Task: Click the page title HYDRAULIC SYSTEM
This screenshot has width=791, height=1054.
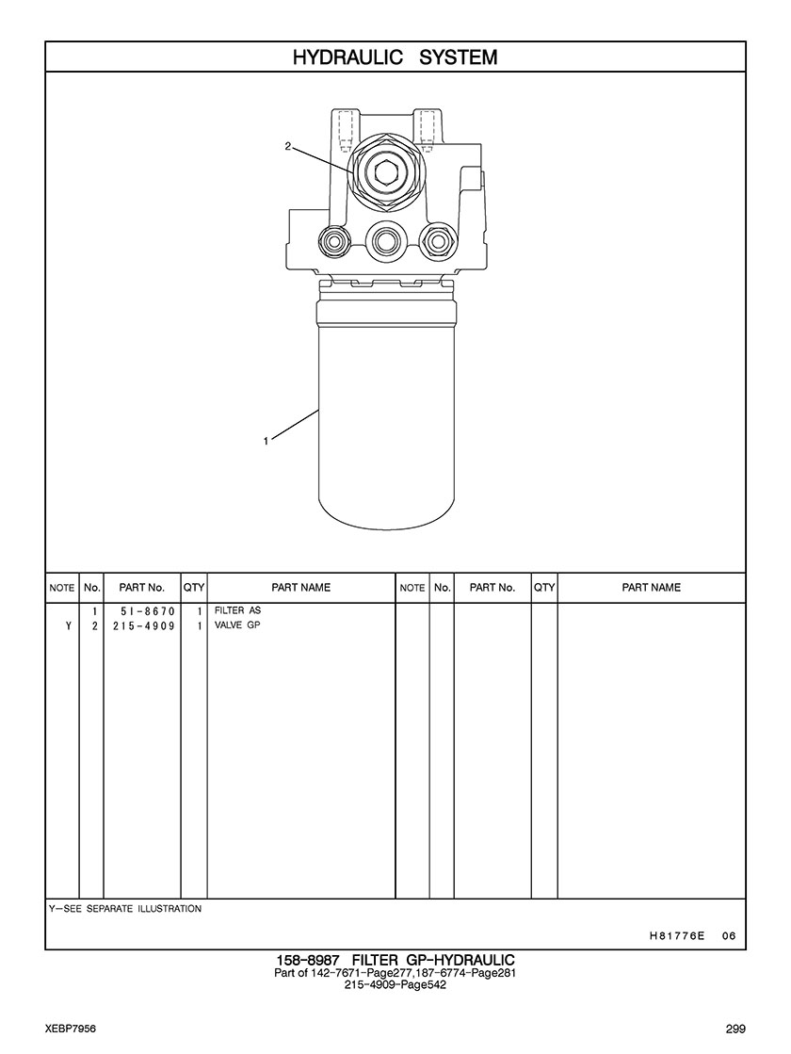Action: [395, 57]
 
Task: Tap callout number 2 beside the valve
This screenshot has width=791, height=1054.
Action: [287, 146]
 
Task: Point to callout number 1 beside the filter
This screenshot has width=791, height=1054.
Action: [266, 441]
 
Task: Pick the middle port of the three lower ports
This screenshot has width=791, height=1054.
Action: [385, 239]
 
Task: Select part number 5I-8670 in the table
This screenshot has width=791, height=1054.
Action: [143, 611]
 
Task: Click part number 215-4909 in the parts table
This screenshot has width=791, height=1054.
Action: [143, 625]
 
